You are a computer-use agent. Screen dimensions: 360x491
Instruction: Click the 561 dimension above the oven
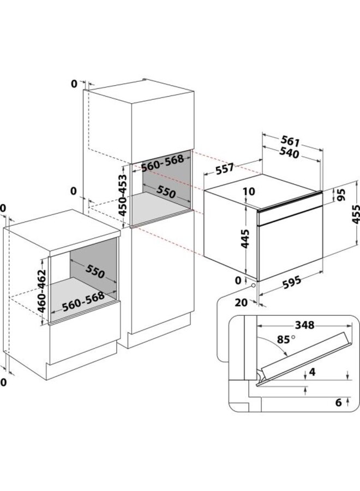coord(290,142)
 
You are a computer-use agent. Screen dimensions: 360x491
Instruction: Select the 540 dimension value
coord(289,153)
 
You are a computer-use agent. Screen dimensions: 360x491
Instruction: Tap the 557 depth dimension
coord(225,169)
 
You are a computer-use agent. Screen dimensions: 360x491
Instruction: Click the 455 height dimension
coord(355,214)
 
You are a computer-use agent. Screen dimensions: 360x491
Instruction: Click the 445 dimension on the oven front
coord(245,238)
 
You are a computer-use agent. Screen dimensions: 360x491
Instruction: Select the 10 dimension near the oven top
coord(249,191)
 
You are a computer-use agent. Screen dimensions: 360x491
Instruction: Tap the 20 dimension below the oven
coord(241,302)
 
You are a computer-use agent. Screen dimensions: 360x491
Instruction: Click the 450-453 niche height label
coord(123,195)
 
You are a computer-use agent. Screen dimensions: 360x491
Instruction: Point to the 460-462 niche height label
coord(41,291)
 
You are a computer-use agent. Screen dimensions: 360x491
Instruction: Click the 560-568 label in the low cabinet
coord(83,302)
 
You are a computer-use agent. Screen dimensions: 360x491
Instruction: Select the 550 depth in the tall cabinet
coord(166,191)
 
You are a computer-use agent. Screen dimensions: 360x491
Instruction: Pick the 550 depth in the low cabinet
coord(95,272)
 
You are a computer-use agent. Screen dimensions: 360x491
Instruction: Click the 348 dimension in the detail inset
coord(304,325)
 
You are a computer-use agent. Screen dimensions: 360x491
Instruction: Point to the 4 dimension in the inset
coord(312,372)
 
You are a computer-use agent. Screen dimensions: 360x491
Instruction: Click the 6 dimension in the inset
coord(338,403)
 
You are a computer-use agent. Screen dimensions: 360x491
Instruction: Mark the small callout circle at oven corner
coord(253,285)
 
